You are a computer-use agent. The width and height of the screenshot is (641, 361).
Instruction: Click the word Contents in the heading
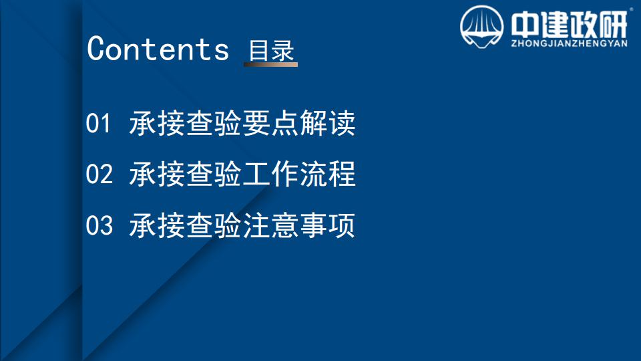pos(158,49)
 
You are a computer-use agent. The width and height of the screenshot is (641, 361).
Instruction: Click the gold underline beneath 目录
pos(270,64)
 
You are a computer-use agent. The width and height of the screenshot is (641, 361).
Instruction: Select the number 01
pos(98,123)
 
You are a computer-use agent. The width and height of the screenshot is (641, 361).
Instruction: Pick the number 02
pos(99,174)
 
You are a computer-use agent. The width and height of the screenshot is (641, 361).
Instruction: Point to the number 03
pos(99,225)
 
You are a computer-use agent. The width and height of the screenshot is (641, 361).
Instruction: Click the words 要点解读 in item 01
pos(299,123)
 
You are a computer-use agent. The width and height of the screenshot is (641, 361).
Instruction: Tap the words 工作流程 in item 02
pos(299,174)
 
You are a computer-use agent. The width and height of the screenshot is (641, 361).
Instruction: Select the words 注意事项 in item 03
pos(299,225)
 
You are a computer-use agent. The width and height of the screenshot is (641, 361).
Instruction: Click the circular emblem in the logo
pos(481,27)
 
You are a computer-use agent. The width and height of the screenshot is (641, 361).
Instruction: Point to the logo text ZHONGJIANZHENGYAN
pos(569,43)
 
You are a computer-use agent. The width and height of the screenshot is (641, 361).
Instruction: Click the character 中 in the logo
pos(525,25)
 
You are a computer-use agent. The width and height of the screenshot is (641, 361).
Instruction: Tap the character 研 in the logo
pos(613,25)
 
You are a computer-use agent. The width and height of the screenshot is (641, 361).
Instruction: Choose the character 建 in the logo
pos(554,25)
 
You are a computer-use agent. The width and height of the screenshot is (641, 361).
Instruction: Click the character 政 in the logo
pos(584,25)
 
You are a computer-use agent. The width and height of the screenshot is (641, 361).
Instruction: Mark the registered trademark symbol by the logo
pos(631,9)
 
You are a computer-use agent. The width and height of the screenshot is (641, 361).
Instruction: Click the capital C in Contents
pos(97,48)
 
